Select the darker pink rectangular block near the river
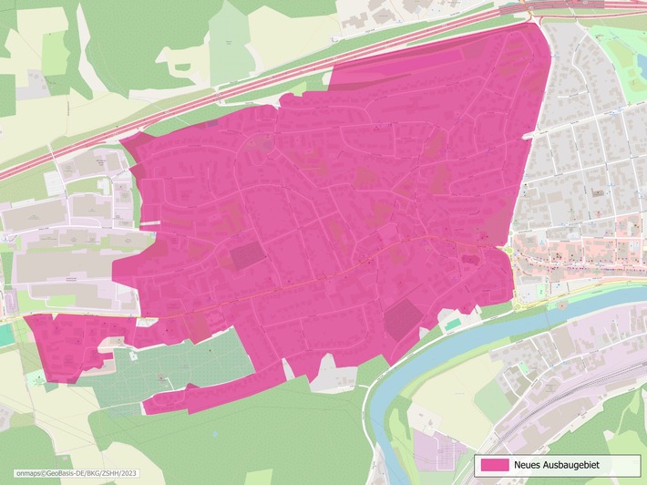point(402,320)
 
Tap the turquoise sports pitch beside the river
point(453,324)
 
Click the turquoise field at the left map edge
point(5,335)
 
